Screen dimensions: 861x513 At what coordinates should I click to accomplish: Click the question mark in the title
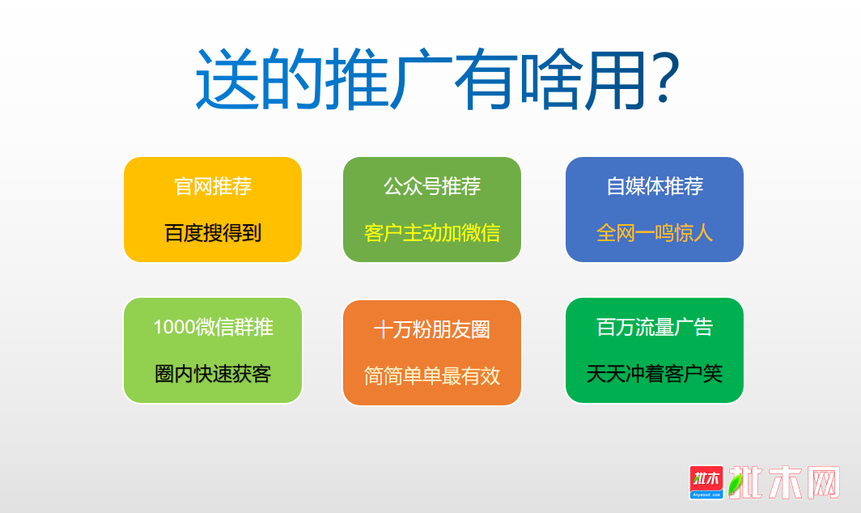(665, 78)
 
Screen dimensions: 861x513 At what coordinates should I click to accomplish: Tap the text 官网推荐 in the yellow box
(213, 186)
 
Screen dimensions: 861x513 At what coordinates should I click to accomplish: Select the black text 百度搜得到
(213, 233)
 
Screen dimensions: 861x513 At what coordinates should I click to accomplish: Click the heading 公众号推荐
(432, 186)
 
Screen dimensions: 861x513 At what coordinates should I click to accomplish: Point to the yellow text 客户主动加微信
(432, 233)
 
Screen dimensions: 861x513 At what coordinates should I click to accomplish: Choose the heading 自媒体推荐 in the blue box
(655, 186)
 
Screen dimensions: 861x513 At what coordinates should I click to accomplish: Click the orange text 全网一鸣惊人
(655, 233)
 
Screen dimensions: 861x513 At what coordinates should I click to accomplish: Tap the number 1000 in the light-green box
(173, 328)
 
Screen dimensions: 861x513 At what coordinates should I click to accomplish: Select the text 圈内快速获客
(213, 374)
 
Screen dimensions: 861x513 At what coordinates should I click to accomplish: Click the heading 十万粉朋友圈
(432, 329)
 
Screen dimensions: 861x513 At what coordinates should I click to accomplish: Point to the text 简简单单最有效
(432, 376)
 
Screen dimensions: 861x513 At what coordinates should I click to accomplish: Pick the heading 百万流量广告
(655, 328)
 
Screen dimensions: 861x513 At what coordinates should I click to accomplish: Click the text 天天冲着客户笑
(655, 374)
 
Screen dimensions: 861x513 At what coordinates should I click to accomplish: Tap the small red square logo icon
(706, 482)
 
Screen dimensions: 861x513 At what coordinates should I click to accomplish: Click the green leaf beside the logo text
(735, 484)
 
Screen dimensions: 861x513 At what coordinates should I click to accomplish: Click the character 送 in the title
(227, 78)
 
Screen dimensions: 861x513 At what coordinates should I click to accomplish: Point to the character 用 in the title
(615, 78)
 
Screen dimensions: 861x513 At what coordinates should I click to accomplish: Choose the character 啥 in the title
(550, 78)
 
